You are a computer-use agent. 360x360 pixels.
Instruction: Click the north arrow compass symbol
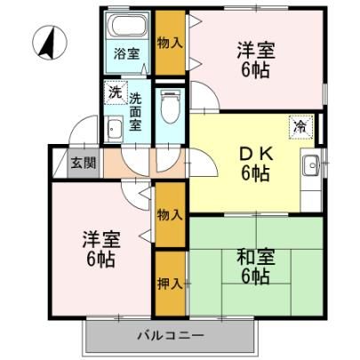pos(50,43)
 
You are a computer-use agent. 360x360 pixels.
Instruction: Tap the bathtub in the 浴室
pos(128,25)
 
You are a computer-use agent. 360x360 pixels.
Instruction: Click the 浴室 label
pos(127,53)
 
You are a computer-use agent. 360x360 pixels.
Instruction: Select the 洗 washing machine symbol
pos(116,93)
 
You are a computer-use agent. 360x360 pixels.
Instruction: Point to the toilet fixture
pos(170,107)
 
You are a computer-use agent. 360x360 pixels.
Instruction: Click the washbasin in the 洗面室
pos(115,129)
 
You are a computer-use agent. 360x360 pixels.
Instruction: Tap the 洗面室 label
pos(135,112)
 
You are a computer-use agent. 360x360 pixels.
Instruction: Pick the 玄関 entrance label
pos(84,163)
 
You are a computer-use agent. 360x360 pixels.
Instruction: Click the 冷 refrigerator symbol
pos(300,127)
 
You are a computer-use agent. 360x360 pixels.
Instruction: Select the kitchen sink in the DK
pos(311,166)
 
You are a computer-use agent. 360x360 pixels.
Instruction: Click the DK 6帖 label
pos(255,164)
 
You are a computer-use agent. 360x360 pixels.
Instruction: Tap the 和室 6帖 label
pos(256,267)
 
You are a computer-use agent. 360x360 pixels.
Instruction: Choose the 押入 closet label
pos(170,284)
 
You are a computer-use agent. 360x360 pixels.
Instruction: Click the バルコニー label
pos(172,335)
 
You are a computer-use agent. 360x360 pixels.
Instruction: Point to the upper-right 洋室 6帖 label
pos(256,60)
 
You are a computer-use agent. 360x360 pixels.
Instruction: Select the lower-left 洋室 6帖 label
pos(101,249)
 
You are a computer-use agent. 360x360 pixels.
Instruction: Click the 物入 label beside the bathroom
pos(170,44)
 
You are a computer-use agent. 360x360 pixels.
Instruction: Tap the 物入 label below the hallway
pos(170,214)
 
